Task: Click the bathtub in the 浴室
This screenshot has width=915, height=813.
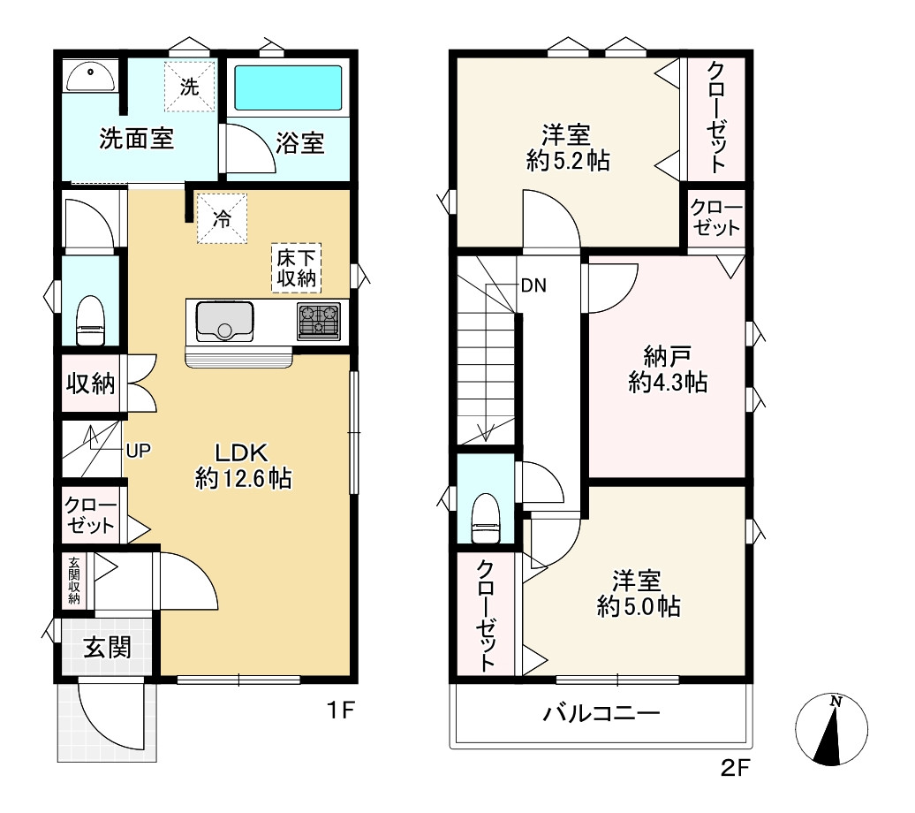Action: point(288,87)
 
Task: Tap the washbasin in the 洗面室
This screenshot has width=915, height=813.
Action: point(90,77)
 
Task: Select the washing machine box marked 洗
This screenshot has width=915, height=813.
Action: point(190,87)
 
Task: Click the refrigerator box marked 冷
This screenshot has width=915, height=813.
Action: point(222,218)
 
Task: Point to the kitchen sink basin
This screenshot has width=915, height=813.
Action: point(224,322)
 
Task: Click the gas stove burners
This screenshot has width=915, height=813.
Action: point(319,322)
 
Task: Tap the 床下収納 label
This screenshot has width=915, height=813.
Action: point(297,268)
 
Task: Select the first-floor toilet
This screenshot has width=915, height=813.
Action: point(90,321)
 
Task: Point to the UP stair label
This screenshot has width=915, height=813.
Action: point(139,451)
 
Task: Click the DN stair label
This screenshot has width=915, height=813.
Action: point(533,285)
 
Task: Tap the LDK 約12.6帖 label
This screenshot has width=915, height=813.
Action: point(243,466)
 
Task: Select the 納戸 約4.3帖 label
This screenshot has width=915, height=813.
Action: point(669,369)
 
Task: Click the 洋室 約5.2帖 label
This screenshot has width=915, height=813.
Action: point(568,148)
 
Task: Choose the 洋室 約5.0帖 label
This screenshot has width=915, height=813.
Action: point(639,593)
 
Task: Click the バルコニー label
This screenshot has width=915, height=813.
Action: point(601,713)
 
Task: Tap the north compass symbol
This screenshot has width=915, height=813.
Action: point(832,729)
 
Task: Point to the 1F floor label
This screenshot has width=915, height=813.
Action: point(341,710)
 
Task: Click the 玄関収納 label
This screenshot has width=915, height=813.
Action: point(74,581)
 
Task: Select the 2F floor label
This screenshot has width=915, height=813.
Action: point(735,767)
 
